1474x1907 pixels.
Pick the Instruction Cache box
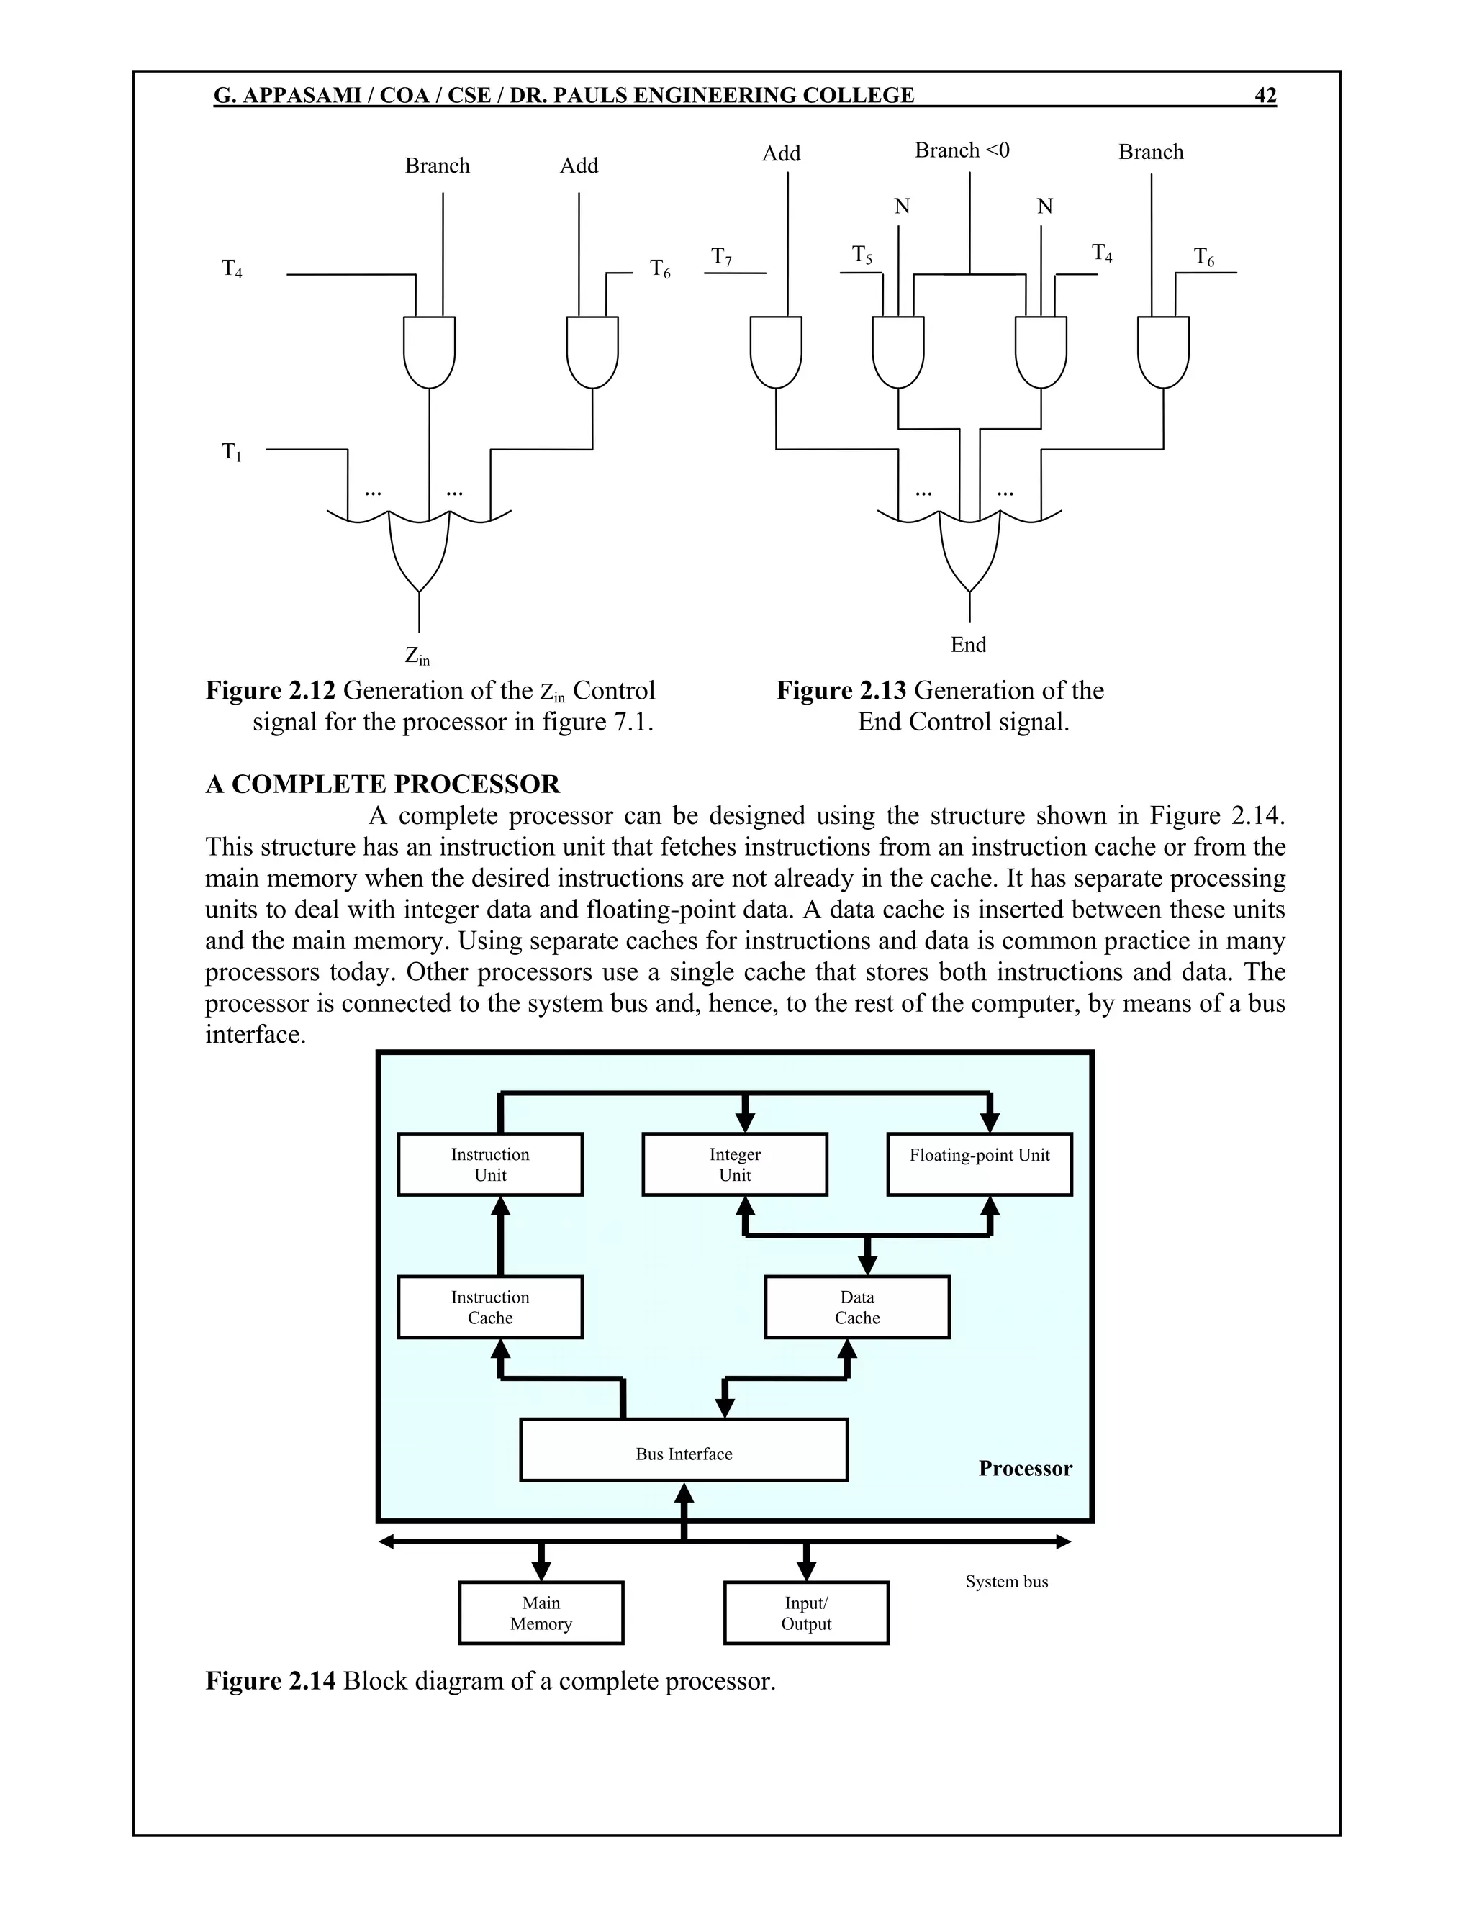coord(490,1307)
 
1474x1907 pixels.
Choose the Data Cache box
coord(856,1307)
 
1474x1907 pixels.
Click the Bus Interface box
coord(684,1454)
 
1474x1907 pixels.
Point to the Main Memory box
coord(541,1613)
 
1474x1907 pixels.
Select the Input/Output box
coord(806,1613)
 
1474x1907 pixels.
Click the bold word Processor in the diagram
coord(1025,1468)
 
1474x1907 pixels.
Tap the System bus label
coord(1006,1581)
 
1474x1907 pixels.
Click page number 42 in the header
coord(1265,95)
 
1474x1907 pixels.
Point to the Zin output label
coord(417,656)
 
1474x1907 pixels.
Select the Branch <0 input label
coord(962,150)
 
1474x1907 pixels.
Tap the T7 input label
coord(721,257)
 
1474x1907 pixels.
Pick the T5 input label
coord(862,255)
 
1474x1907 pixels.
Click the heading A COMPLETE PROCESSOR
coord(382,784)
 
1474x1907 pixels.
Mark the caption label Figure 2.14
coord(270,1681)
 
